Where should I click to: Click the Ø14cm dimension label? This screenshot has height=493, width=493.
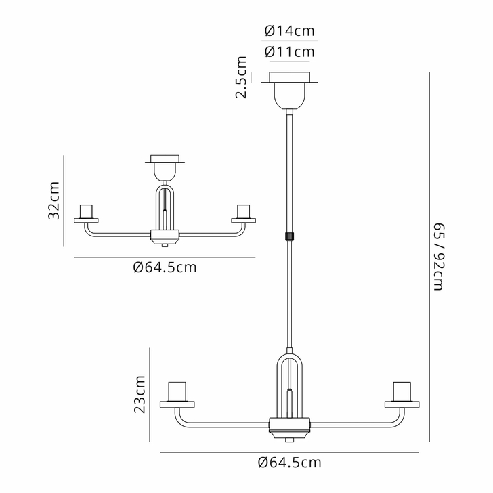pos(289,30)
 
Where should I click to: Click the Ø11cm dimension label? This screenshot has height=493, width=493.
pos(289,51)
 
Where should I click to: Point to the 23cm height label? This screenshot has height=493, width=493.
pos(140,394)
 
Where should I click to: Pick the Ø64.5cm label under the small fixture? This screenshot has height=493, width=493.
pos(165,267)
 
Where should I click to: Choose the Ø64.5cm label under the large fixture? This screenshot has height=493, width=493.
pos(289,463)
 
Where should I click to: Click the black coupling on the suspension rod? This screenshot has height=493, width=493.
pos(289,236)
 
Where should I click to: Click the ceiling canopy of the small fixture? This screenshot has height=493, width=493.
pos(165,166)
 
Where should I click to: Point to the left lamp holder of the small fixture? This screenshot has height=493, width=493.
pos(87,212)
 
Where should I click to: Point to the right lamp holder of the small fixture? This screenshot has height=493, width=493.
pos(243,212)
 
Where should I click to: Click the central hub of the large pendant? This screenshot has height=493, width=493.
pos(290,427)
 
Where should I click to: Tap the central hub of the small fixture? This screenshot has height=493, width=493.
pos(165,236)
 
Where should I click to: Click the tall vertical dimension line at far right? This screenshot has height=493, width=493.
pos(429,257)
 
